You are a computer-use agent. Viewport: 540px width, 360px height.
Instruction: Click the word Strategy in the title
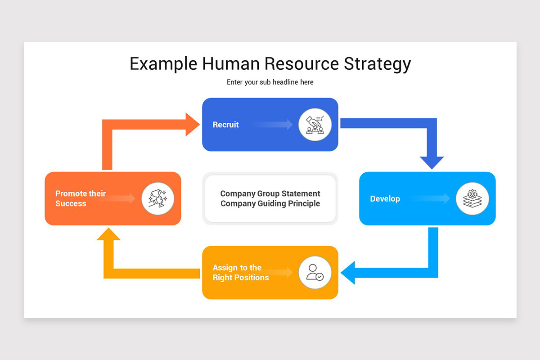(377, 64)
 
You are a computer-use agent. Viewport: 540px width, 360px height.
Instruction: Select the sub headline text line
(270, 82)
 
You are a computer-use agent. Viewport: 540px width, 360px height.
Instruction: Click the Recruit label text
(225, 125)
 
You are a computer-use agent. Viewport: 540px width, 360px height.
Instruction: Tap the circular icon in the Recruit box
(315, 125)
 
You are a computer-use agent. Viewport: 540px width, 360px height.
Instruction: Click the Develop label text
(385, 199)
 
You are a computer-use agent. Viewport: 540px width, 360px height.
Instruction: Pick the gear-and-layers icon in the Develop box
(472, 198)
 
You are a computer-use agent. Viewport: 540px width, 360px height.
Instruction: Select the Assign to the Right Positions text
(240, 273)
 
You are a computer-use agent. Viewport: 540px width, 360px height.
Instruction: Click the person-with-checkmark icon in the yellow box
(315, 273)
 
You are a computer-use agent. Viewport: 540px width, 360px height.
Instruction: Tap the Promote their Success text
(80, 198)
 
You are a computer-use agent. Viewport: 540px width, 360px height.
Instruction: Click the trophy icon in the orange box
(158, 198)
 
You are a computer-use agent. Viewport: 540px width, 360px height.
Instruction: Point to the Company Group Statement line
(270, 193)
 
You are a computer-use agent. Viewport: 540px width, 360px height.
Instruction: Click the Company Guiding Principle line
(270, 203)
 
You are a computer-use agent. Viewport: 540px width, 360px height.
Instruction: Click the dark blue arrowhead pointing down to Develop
(432, 162)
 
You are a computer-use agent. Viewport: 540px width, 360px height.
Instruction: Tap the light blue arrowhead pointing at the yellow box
(349, 273)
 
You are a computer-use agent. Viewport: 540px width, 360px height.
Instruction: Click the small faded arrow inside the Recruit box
(274, 125)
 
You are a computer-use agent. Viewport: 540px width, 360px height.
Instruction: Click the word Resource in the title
(301, 64)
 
